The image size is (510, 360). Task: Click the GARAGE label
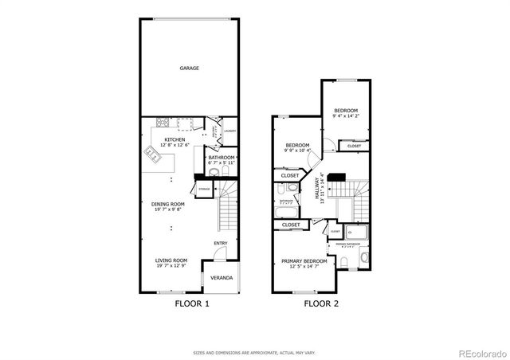pos(189,68)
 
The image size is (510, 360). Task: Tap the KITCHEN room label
pos(175,139)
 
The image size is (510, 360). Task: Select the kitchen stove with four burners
pos(164,123)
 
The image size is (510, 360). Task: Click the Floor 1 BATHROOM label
pos(221,157)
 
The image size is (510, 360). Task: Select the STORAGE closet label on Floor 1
pos(205,189)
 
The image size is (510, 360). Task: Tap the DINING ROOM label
pos(169,205)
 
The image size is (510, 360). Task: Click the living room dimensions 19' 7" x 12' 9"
pos(171,266)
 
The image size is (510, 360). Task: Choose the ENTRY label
pos(221,244)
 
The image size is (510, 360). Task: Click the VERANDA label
pos(221,278)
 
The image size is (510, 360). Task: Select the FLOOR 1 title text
pos(191,303)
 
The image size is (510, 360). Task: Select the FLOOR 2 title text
pos(321,303)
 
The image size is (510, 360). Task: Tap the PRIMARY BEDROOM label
pos(304,260)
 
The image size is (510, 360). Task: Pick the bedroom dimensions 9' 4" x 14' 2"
pos(345,115)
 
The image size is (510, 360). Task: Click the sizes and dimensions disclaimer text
pos(255,351)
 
